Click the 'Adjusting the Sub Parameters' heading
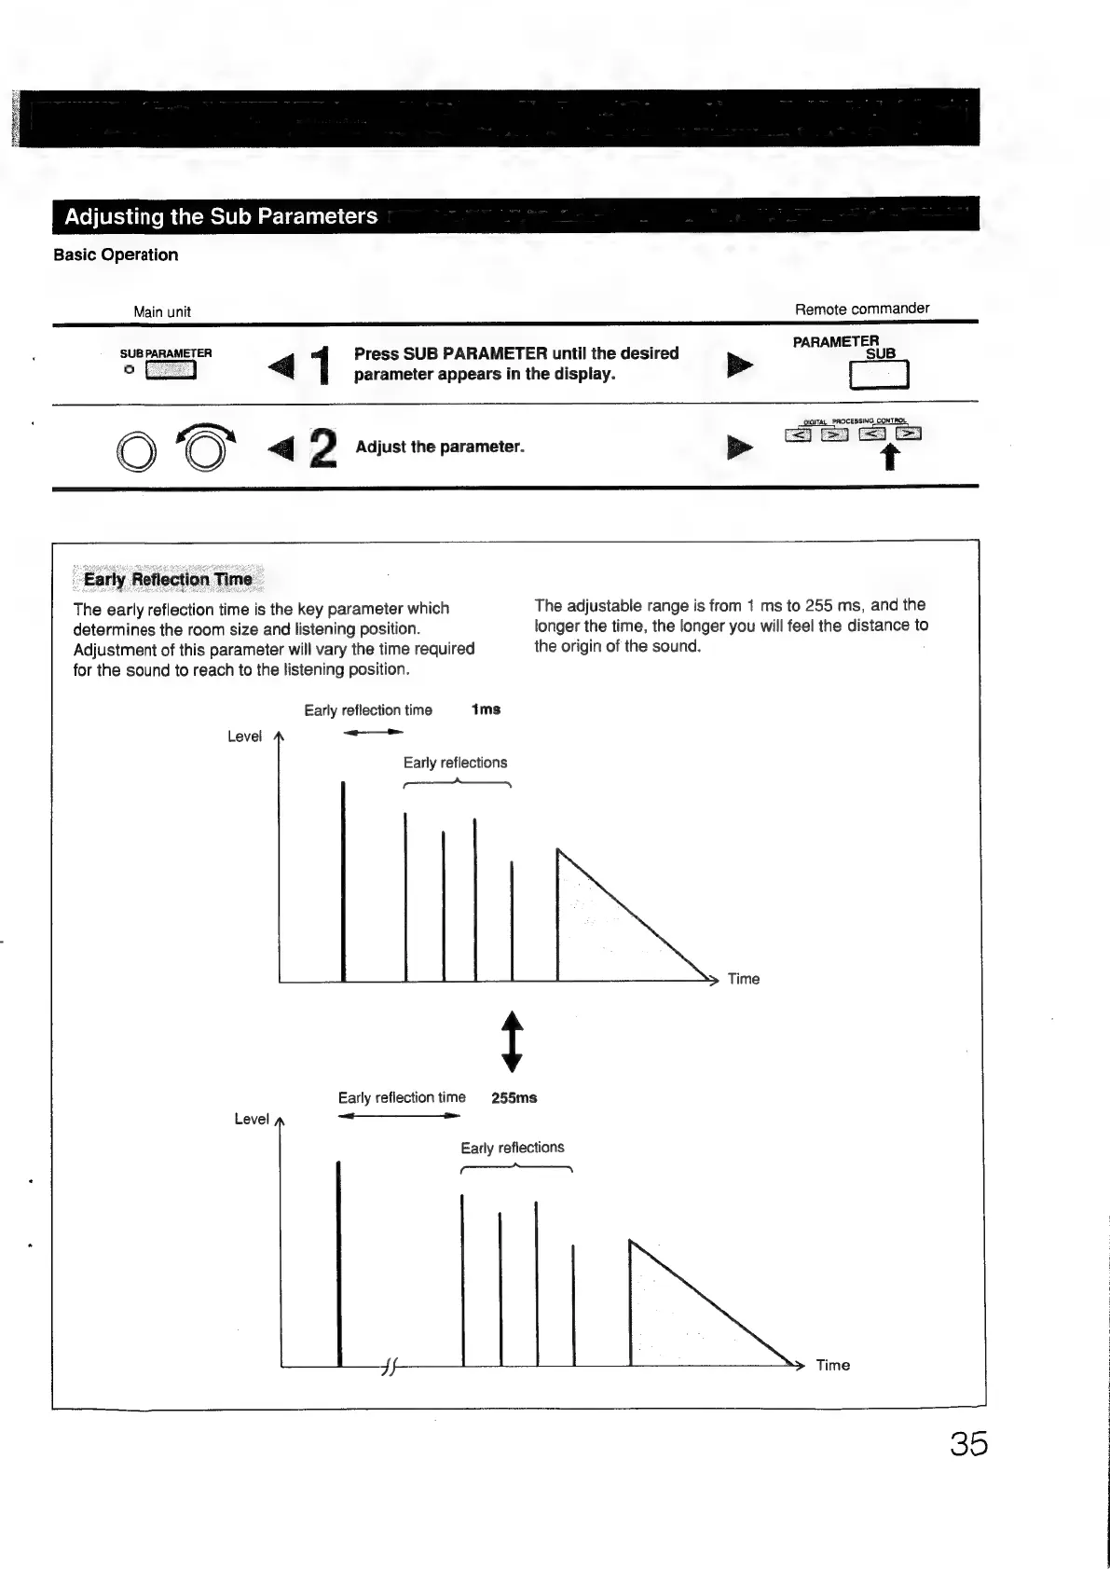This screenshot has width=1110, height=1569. tap(221, 216)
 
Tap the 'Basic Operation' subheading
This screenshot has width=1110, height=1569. tap(116, 255)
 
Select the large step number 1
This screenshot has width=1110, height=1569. tap(322, 365)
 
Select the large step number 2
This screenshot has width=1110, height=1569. tap(322, 447)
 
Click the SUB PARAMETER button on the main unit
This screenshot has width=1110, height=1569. tap(171, 370)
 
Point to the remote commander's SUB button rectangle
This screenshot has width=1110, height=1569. tap(879, 374)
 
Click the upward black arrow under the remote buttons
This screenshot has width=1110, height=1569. tap(890, 456)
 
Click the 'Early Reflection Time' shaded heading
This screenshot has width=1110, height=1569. tap(168, 579)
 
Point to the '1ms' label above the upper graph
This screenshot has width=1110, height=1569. tap(486, 709)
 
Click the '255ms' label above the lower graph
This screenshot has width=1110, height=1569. tap(514, 1097)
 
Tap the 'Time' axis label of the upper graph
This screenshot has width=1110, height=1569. tap(743, 979)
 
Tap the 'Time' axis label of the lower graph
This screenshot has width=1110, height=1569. tap(832, 1365)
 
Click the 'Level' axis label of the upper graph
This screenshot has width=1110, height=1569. tap(244, 736)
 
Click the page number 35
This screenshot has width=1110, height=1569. tap(968, 1444)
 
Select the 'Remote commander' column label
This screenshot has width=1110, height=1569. tap(861, 309)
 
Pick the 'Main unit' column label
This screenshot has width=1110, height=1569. tap(162, 311)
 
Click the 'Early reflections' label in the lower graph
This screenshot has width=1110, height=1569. tap(513, 1148)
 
